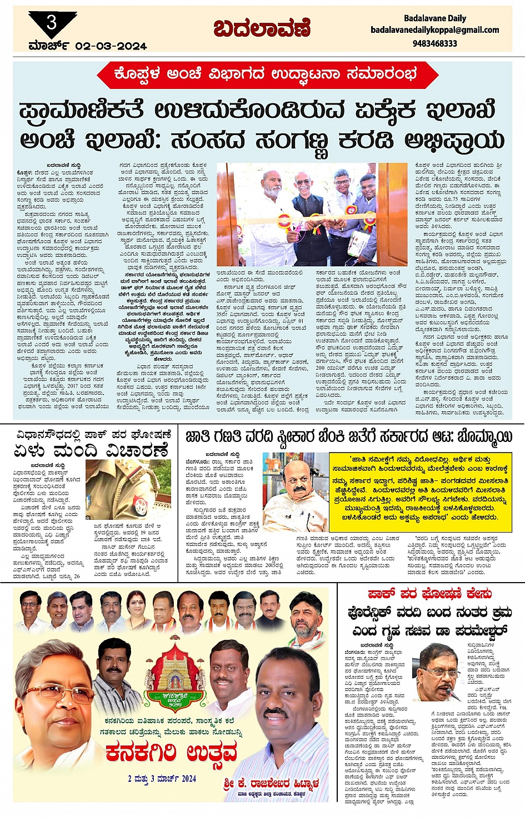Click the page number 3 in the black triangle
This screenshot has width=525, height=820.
coord(52,23)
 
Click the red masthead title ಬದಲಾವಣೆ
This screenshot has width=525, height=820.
coord(261,28)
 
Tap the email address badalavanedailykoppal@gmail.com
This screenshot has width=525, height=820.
coord(434,30)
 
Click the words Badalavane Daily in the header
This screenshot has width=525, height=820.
coord(434,18)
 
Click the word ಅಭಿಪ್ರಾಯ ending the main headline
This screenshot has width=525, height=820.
coord(454,140)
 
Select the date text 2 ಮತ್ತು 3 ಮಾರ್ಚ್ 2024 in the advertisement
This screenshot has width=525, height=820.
coord(162,779)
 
